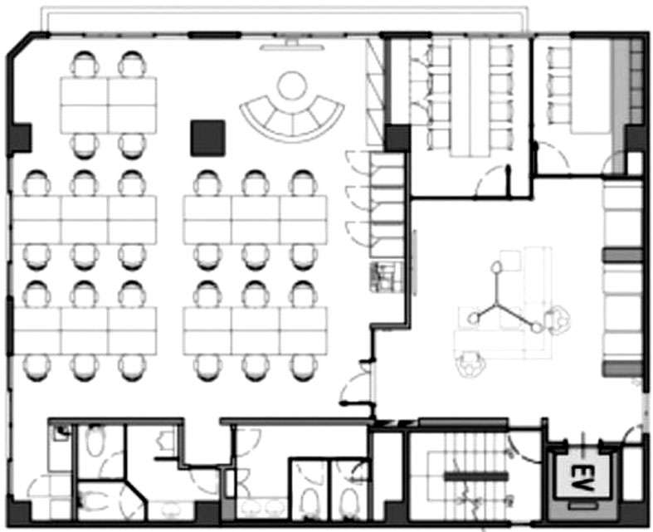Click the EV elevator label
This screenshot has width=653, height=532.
click(582, 478)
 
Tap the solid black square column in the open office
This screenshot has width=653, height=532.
click(207, 139)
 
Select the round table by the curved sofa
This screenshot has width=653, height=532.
click(292, 85)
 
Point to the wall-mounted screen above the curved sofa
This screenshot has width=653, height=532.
click(292, 46)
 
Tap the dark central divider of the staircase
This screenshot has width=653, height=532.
click(476, 476)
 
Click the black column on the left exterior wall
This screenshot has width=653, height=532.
click(20, 138)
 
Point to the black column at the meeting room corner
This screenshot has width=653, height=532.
click(397, 138)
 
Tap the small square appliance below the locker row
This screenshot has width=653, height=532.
click(387, 277)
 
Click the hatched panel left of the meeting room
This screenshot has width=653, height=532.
click(374, 91)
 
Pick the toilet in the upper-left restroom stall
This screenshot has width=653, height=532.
click(96, 441)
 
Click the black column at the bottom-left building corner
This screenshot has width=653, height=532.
click(20, 511)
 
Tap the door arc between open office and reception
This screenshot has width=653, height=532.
click(352, 385)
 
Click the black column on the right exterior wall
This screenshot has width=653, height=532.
click(636, 138)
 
